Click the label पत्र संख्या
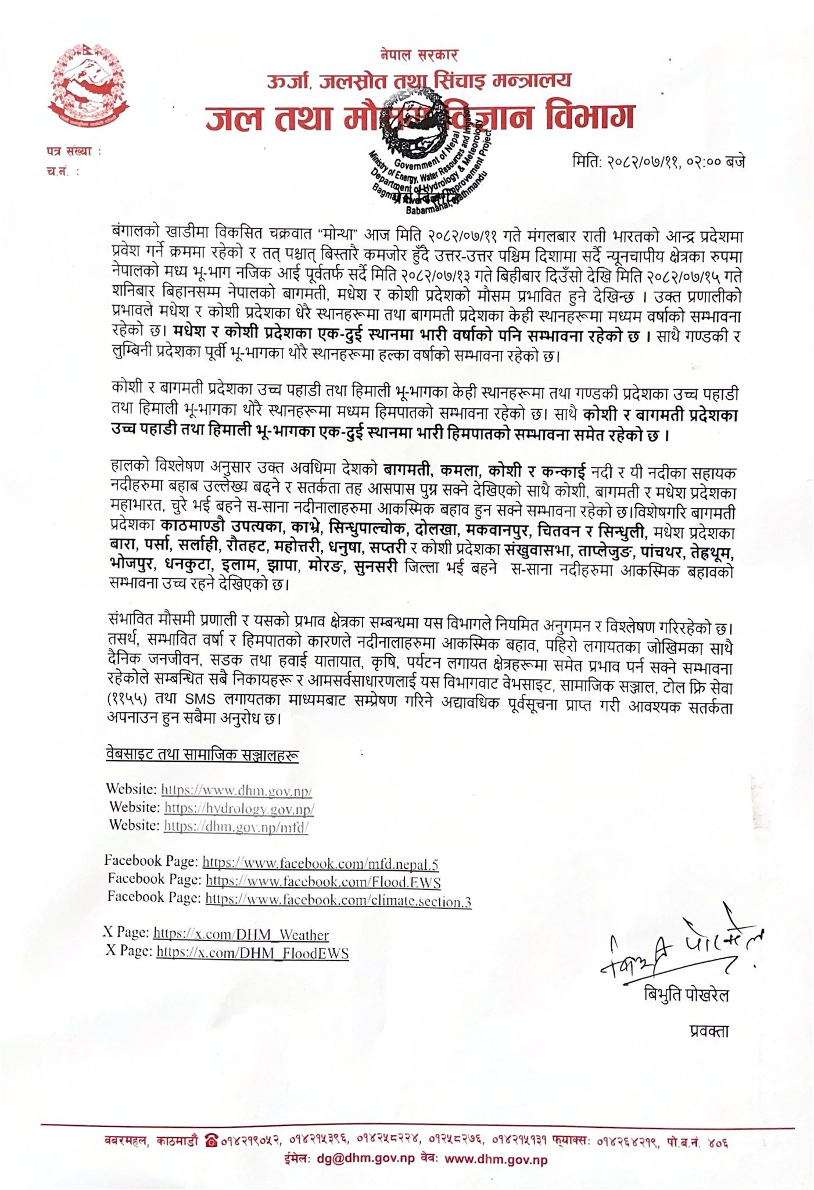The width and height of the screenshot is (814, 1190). [73, 152]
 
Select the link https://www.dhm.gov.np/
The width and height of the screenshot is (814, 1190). [236, 790]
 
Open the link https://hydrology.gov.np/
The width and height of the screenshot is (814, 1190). [239, 808]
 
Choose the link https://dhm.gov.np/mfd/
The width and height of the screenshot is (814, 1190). [236, 826]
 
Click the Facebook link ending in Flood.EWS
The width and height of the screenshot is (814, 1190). [323, 882]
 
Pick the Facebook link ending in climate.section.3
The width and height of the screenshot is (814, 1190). [338, 901]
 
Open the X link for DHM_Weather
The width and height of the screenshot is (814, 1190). [241, 935]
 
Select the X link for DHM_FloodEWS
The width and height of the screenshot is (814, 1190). [252, 952]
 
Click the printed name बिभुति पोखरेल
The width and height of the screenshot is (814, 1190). [686, 995]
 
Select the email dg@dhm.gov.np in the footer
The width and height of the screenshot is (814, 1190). [365, 1159]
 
